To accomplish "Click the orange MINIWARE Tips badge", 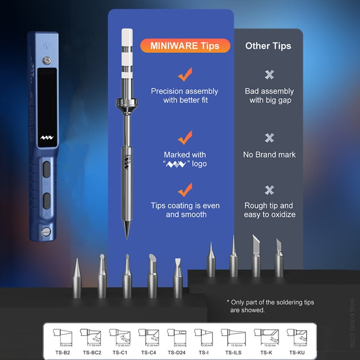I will [185, 46].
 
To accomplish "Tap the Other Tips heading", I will [268, 46].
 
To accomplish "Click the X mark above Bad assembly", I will [269, 74].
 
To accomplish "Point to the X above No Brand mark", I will [269, 138].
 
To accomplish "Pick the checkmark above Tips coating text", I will [185, 190].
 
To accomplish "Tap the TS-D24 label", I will [177, 352].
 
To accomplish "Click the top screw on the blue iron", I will [47, 60].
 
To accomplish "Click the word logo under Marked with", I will [199, 164].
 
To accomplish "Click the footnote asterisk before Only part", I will [228, 302].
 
